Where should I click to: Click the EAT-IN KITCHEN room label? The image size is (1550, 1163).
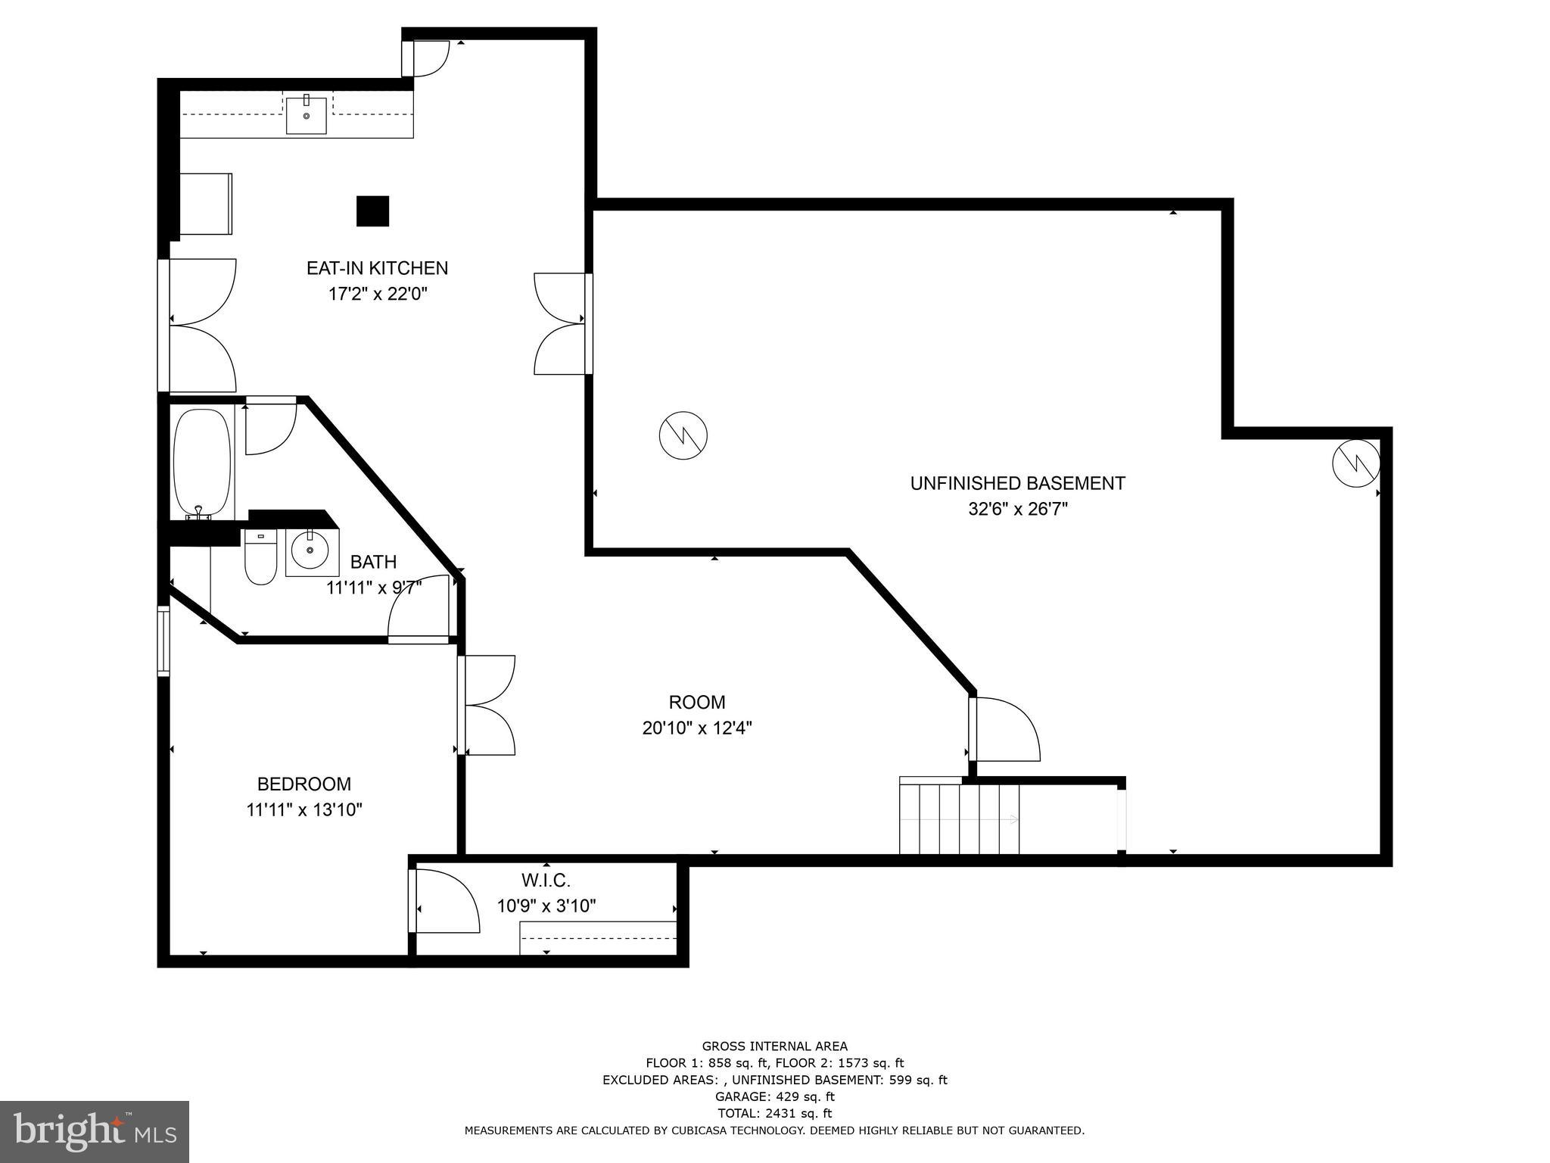point(377,268)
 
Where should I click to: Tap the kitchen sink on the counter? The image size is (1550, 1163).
point(307,115)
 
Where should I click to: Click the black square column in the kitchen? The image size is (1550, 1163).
point(372,211)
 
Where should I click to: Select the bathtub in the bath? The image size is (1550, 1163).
point(201,463)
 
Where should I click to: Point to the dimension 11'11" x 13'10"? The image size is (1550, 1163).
point(304,809)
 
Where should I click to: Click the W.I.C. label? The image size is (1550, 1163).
point(546,881)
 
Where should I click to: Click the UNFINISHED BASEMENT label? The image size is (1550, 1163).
point(1017,483)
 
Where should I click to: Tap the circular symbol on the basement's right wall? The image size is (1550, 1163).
point(1355,463)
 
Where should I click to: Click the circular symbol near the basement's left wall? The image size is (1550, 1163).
point(683,435)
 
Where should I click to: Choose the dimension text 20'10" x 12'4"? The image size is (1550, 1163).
point(696,728)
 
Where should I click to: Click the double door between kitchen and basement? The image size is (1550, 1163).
point(562,323)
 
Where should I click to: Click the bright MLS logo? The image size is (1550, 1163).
point(95,1131)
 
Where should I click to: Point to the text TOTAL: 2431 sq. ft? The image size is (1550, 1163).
point(774,1113)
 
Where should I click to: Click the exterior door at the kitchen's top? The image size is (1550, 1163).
point(425,58)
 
